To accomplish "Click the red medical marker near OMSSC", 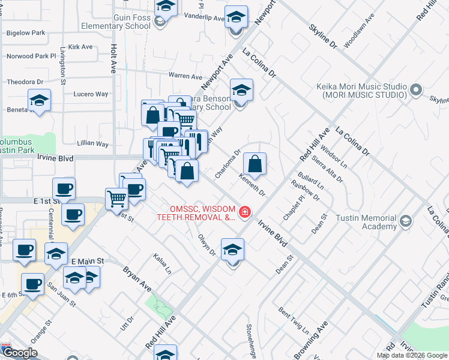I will tap(244, 212).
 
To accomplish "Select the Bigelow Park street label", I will tap(25, 33).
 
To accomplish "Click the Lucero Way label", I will tap(91, 94).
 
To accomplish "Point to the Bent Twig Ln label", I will tap(294, 321).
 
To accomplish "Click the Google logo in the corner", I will tap(20, 353).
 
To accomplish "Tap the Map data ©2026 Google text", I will tap(412, 355).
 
